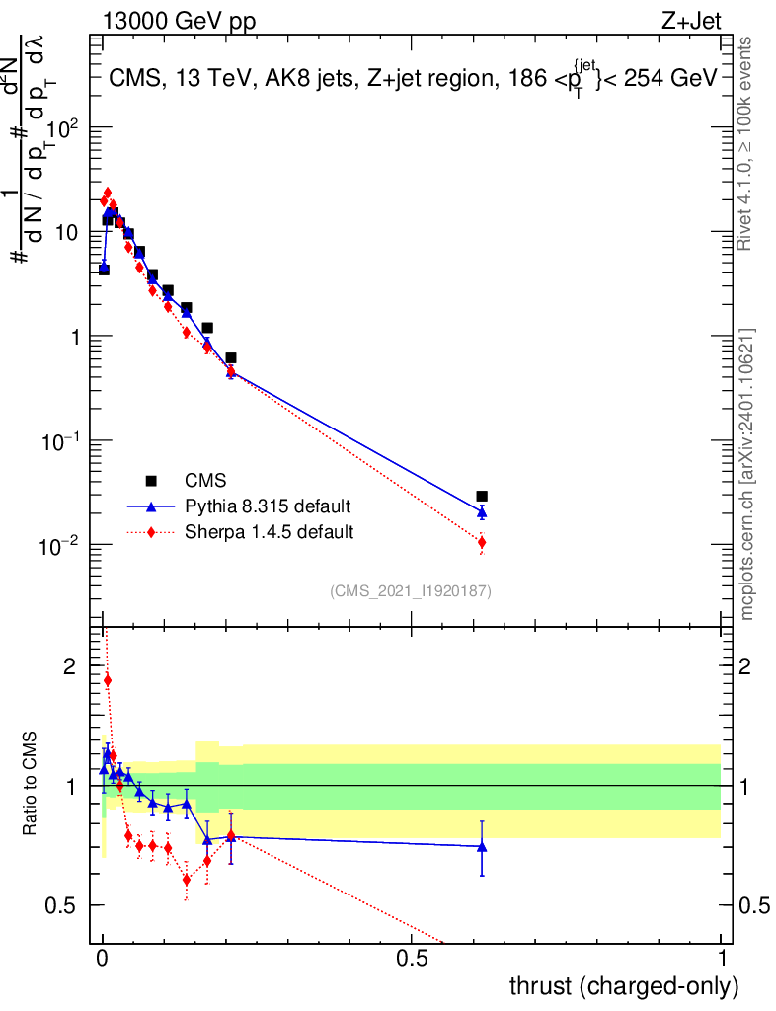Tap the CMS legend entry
click(205, 481)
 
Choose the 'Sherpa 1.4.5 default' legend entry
click(269, 532)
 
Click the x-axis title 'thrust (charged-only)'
click(623, 985)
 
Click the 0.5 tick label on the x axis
click(412, 959)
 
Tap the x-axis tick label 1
click(722, 959)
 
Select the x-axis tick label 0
click(102, 959)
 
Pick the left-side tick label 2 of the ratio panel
click(69, 666)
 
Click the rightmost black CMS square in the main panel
click(482, 496)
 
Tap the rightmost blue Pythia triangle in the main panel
click(482, 512)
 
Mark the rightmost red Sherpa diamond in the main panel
click(482, 542)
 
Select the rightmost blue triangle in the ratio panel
click(482, 846)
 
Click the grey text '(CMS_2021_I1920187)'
click(411, 590)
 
